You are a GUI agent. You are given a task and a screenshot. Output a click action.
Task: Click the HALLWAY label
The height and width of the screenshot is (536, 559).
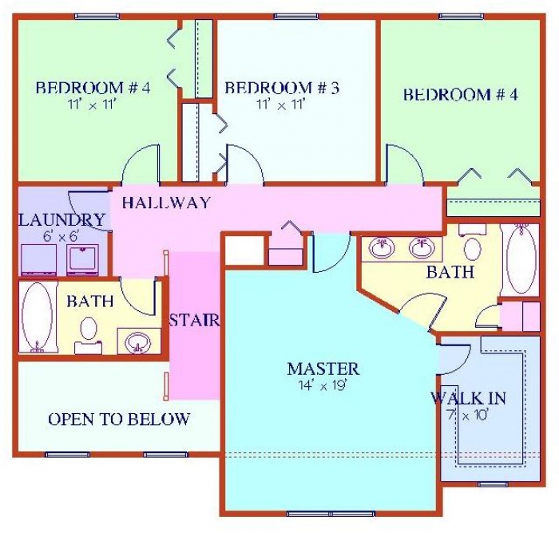(x=166, y=203)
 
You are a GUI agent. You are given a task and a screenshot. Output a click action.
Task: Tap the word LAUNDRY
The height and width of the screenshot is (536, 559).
(x=61, y=220)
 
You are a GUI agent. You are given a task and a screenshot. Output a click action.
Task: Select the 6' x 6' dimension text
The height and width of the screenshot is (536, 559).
(x=61, y=236)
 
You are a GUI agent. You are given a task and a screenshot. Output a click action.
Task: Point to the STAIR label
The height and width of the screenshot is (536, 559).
(x=194, y=321)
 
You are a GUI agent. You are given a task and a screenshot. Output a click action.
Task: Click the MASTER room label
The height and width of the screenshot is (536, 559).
(x=323, y=368)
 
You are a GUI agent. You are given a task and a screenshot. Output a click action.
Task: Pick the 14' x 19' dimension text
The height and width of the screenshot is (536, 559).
(x=323, y=384)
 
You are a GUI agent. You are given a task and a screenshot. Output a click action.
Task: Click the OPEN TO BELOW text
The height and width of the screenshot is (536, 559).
(x=119, y=420)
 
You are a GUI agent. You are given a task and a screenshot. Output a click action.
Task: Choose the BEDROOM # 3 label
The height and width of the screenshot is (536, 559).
(x=282, y=88)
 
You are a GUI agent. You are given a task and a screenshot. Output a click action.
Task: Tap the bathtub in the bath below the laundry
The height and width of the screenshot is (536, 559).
(x=36, y=317)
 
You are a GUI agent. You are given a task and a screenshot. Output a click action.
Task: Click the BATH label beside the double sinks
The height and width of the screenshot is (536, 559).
(x=450, y=272)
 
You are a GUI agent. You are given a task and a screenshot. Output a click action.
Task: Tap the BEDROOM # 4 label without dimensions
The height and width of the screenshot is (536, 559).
(x=460, y=95)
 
